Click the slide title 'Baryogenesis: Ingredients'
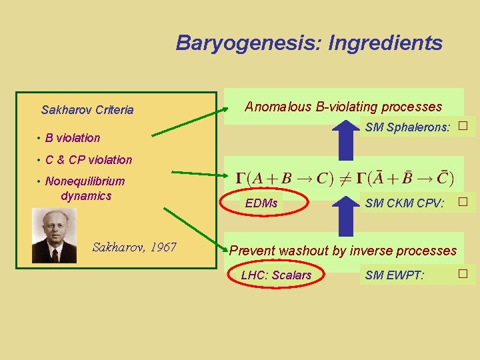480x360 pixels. pyautogui.click(x=309, y=43)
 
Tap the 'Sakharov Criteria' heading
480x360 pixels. pyautogui.click(x=87, y=110)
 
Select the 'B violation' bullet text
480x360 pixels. pyautogui.click(x=72, y=138)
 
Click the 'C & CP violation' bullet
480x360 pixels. pyautogui.click(x=88, y=159)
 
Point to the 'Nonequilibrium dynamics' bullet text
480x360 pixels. pyautogui.click(x=85, y=189)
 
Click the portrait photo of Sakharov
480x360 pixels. pyautogui.click(x=54, y=235)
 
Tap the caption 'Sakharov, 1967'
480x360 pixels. pyautogui.click(x=134, y=247)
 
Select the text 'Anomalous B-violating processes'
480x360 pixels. pyautogui.click(x=343, y=107)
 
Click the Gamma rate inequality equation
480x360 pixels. pyautogui.click(x=344, y=178)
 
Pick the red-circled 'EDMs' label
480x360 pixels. pyautogui.click(x=261, y=203)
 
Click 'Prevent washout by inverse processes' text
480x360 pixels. pyautogui.click(x=343, y=251)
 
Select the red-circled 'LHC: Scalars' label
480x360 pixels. pyautogui.click(x=276, y=275)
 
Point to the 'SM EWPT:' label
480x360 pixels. pyautogui.click(x=395, y=275)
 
